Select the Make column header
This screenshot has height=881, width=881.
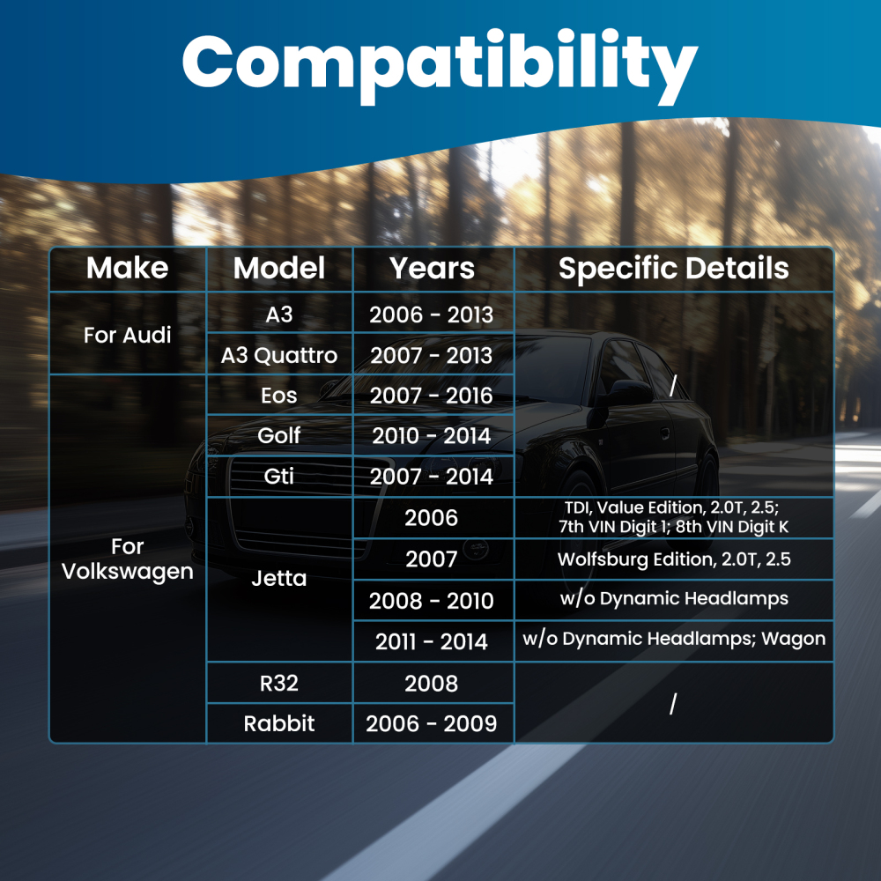point(128,268)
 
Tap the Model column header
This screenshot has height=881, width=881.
point(279,268)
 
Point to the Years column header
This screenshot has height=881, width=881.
point(432,268)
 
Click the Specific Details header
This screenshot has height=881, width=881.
point(674,268)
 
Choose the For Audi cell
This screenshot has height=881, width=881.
point(128,335)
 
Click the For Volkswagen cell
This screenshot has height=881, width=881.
point(128,559)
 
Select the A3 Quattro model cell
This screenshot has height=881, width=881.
point(279,355)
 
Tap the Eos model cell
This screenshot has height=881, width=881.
point(279,396)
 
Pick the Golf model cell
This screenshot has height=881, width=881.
point(279,435)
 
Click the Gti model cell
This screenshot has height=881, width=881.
point(279,477)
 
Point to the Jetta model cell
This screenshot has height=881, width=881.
point(279,578)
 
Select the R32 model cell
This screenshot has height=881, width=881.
point(279,684)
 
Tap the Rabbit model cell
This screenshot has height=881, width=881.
point(279,723)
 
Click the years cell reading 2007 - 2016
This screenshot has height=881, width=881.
point(432,396)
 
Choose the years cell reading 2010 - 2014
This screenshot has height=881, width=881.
point(432,436)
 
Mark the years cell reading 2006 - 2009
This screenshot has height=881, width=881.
point(432,723)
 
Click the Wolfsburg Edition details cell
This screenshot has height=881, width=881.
point(674,559)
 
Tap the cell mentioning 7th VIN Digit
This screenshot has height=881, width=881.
point(674,517)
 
